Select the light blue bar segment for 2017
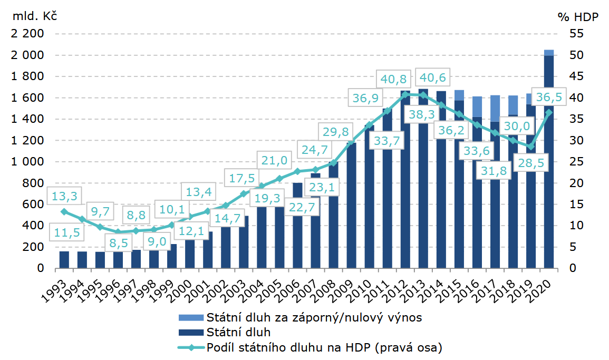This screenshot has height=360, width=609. pos(495,109)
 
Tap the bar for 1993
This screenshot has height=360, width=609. pos(64,260)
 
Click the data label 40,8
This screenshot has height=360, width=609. pos(394,80)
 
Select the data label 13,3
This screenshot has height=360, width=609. pos(64,197)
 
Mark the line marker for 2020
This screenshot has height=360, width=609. pos(549,112)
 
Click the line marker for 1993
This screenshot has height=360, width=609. pos(64,211)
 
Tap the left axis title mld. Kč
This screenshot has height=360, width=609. pos(31,15)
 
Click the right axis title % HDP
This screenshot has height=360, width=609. pos(578,17)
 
